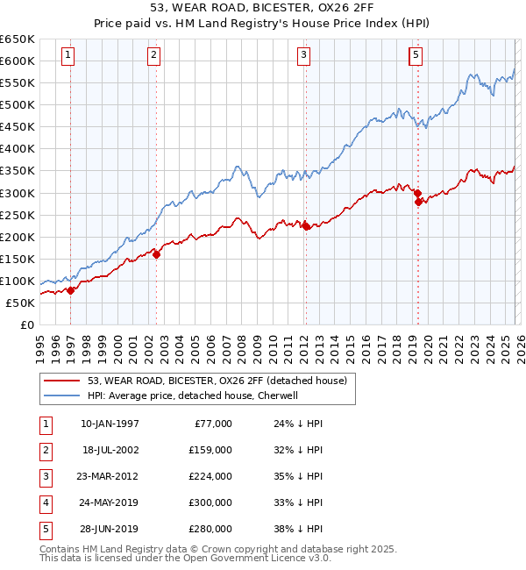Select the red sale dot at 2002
click(156, 254)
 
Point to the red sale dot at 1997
click(70, 291)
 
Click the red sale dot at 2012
click(305, 226)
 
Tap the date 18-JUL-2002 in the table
click(110, 450)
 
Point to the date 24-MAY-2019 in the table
click(110, 502)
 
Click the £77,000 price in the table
click(210, 424)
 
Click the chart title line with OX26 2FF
click(263, 10)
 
